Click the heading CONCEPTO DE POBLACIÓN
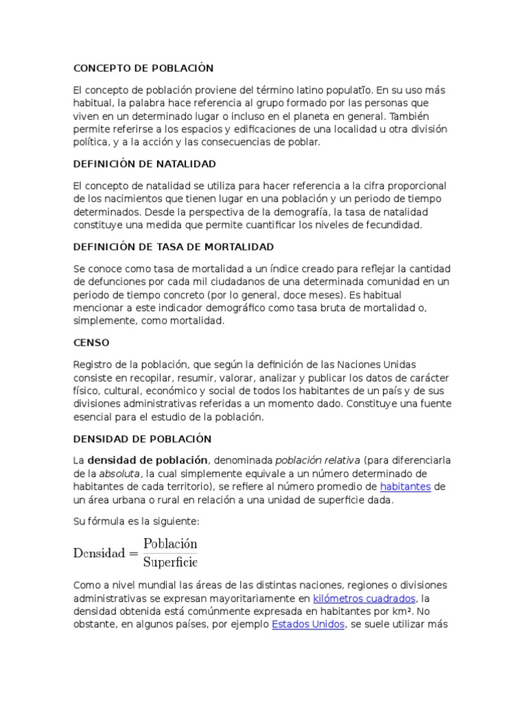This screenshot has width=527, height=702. click(x=143, y=68)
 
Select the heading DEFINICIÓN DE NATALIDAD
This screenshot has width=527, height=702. click(x=145, y=164)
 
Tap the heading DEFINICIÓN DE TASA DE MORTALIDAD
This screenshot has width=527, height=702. click(x=174, y=246)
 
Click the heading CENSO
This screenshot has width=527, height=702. click(x=91, y=342)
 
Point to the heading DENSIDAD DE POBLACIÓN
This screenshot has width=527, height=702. click(x=143, y=438)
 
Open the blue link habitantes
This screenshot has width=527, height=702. click(x=406, y=486)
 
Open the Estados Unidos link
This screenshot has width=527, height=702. click(x=308, y=625)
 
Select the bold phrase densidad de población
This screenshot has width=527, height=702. click(x=148, y=460)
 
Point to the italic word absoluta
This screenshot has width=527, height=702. click(x=120, y=474)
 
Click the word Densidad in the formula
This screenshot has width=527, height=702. click(x=99, y=553)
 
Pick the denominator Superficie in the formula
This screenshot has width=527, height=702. click(x=169, y=563)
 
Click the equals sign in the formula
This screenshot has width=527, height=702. click(x=133, y=553)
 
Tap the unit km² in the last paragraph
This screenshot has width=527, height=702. click(x=404, y=612)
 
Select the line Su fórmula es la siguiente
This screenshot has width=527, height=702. click(x=136, y=522)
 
